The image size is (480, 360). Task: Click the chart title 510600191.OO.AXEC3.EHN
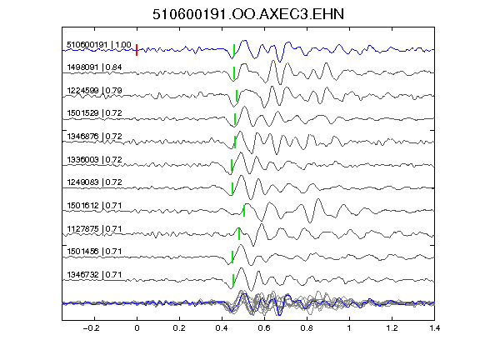(248, 14)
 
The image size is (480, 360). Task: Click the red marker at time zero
(137, 50)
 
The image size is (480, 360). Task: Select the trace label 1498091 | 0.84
(94, 67)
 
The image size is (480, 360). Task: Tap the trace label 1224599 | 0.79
(94, 90)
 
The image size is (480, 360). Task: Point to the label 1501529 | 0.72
(94, 113)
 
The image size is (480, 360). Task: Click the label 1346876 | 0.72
(94, 136)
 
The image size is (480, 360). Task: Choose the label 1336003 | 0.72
(94, 159)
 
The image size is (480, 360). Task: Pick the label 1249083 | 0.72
(94, 182)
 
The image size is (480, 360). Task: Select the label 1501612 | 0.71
(94, 205)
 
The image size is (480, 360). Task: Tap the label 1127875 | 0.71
(94, 228)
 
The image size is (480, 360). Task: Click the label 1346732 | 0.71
(94, 275)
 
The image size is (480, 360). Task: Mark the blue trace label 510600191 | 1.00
(99, 45)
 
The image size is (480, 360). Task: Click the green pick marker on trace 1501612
(244, 211)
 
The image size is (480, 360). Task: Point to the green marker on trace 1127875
(239, 234)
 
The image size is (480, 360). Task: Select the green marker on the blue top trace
(234, 50)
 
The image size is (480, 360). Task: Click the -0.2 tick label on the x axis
(91, 328)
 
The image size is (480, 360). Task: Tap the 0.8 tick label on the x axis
(307, 328)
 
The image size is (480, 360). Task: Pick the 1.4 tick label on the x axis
(434, 328)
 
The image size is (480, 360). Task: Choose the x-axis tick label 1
(349, 328)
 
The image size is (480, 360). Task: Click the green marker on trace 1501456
(232, 257)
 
